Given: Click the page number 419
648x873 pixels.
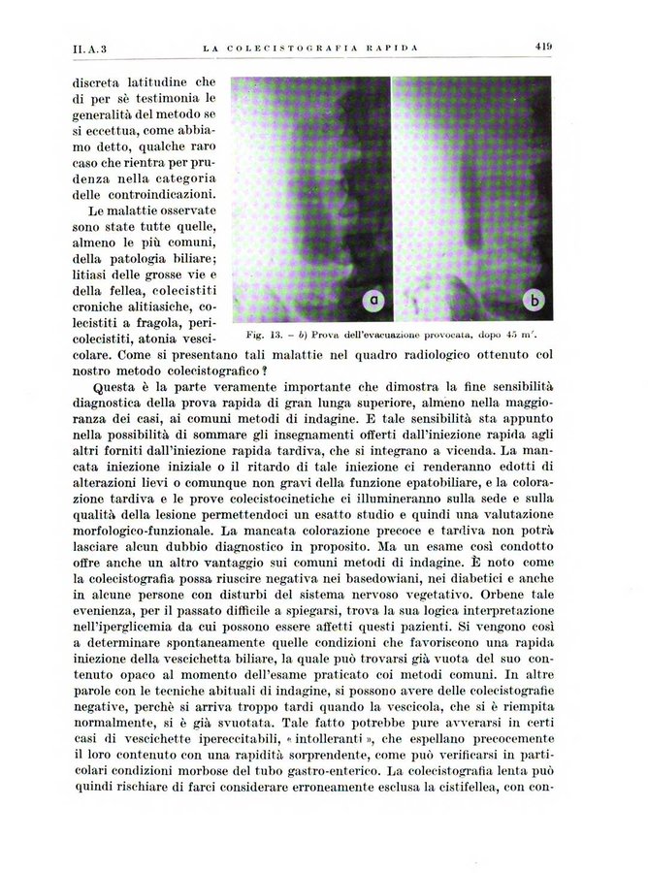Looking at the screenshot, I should (x=542, y=45).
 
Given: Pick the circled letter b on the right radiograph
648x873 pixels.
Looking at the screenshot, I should (x=532, y=304).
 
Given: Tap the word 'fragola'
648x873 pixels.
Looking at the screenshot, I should (x=150, y=320).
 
